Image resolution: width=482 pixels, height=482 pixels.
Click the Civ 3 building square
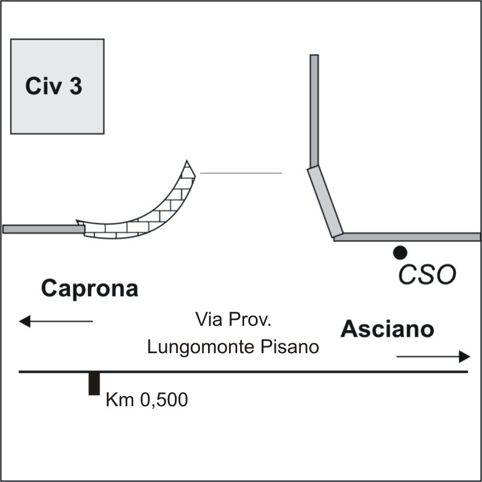pyautogui.click(x=57, y=111)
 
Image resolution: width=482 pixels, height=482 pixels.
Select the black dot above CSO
pyautogui.click(x=399, y=252)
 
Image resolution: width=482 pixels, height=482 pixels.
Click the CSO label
pyautogui.click(x=426, y=275)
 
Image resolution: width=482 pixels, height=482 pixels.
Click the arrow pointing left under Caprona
pyautogui.click(x=55, y=321)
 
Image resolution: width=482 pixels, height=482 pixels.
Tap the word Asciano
pyautogui.click(x=388, y=329)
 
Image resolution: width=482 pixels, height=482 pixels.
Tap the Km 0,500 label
pyautogui.click(x=147, y=400)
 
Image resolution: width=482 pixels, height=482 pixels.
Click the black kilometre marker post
pyautogui.click(x=93, y=384)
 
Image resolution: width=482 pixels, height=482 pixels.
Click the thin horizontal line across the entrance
pyautogui.click(x=241, y=173)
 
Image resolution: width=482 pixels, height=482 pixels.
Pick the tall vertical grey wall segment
pyautogui.click(x=314, y=111)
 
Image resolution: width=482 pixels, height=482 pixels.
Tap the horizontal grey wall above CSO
pyautogui.click(x=408, y=237)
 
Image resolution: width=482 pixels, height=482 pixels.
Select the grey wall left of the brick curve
pyautogui.click(x=42, y=229)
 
